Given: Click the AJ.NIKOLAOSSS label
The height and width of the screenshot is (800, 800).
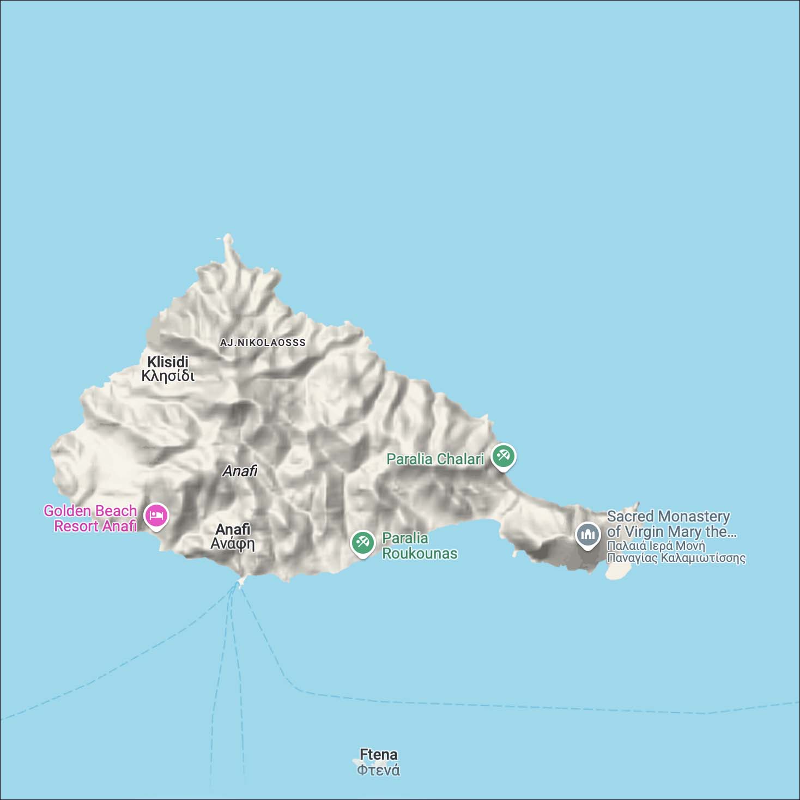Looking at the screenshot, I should [263, 343].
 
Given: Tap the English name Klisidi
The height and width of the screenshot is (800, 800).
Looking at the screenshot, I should [168, 362].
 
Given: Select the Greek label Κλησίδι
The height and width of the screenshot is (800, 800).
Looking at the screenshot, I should [168, 376].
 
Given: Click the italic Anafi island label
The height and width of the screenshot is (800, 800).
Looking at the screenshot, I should [240, 471].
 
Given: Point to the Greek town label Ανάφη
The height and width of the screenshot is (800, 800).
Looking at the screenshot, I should [233, 544].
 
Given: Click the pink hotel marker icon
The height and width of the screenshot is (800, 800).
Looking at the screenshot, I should [156, 515].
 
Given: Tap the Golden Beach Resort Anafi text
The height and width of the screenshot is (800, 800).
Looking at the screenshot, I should [90, 518].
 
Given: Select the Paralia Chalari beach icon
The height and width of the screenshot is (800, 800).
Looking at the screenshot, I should [503, 456].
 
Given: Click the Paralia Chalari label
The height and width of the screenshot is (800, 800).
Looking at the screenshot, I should [435, 459].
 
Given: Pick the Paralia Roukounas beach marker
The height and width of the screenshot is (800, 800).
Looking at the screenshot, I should [362, 542].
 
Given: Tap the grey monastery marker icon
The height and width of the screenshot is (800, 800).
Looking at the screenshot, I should [588, 535].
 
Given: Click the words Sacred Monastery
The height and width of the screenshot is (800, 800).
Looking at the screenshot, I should [668, 516].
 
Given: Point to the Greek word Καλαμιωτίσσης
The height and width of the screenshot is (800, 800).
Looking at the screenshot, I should [702, 558].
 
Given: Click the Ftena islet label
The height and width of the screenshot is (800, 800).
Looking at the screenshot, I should [379, 755].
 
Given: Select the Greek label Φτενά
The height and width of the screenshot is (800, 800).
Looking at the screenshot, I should [378, 770].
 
